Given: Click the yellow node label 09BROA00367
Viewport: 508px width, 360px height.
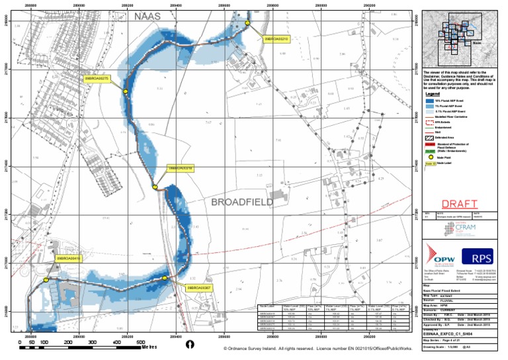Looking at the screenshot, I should pyautogui.click(x=198, y=289).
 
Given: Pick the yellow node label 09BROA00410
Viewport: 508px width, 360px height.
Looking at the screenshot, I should pyautogui.click(x=67, y=259).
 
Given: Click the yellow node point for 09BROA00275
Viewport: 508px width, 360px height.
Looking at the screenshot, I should pyautogui.click(x=125, y=92).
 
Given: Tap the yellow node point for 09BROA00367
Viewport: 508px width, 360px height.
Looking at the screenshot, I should pyautogui.click(x=165, y=278).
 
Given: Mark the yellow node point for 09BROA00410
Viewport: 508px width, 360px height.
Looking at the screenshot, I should pyautogui.click(x=46, y=281).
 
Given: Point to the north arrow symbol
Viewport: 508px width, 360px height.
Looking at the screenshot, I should pyautogui.click(x=190, y=344).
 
